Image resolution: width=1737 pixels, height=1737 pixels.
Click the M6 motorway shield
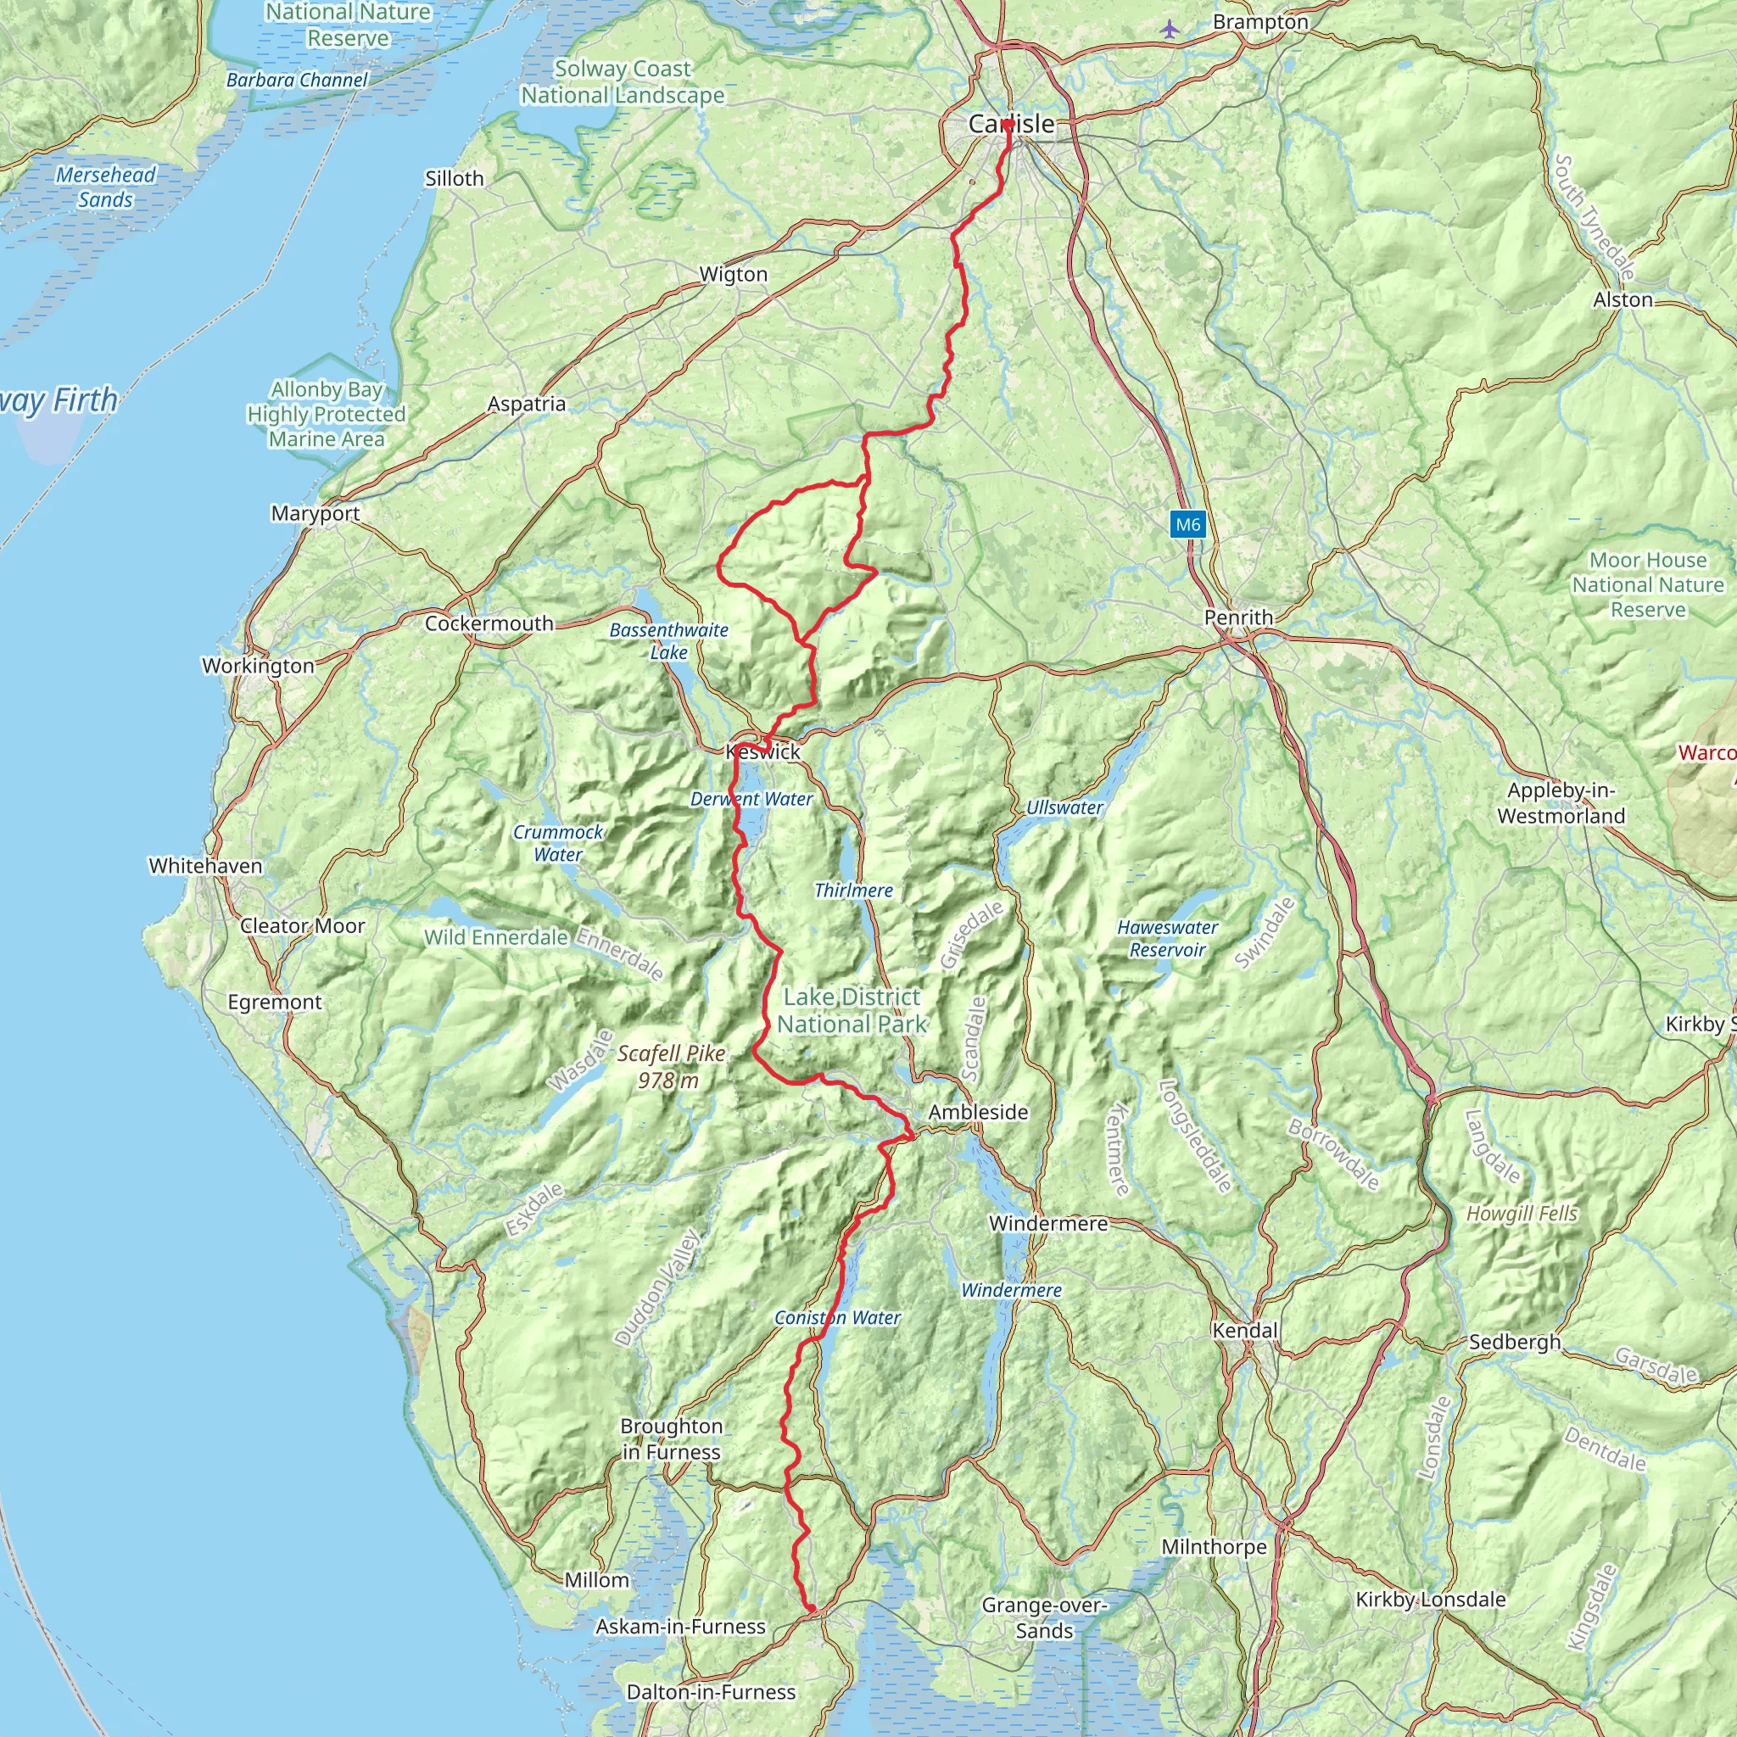click(1187, 525)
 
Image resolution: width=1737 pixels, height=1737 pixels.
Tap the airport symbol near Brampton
click(1169, 29)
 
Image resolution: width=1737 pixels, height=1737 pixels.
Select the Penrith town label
click(1238, 617)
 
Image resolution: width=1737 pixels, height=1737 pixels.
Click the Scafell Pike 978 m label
click(671, 1067)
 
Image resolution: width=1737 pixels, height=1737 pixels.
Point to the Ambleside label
click(978, 1112)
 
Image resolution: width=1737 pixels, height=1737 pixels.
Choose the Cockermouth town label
click(489, 623)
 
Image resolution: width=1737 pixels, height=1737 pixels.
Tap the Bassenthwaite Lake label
click(669, 641)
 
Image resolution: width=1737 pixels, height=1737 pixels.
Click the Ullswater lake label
click(1064, 807)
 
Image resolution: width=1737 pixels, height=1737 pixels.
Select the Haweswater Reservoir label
click(1167, 939)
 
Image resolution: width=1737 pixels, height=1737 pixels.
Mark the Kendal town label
click(1244, 1331)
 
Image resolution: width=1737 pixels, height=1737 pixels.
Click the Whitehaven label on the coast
click(205, 866)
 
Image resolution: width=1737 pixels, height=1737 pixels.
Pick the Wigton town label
click(734, 274)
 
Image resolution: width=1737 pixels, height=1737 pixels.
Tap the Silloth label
click(454, 179)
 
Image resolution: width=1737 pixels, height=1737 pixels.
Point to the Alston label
click(1623, 299)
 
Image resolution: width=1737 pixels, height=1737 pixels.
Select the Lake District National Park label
click(852, 1010)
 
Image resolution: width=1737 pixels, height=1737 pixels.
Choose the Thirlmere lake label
click(853, 890)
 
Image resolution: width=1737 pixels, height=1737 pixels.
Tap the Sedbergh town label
click(1515, 1343)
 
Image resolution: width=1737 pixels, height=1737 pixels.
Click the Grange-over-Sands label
click(1044, 1618)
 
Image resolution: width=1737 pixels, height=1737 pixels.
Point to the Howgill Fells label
click(1522, 1214)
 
